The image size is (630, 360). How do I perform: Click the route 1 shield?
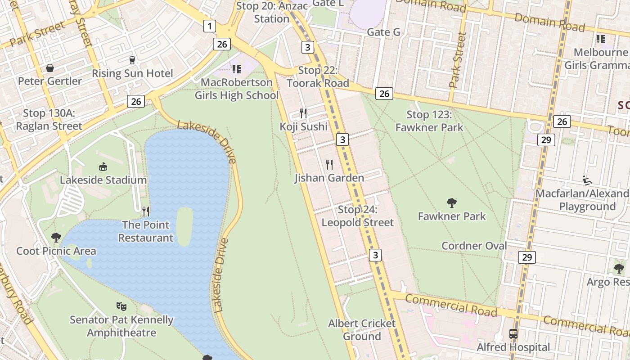[209, 26]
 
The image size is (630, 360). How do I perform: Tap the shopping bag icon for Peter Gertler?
[49, 68]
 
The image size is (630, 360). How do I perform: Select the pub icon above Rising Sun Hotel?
[132, 60]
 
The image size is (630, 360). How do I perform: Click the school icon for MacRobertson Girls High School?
[237, 69]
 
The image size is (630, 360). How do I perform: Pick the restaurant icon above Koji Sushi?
[304, 113]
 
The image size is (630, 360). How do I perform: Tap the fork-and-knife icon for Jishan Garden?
[329, 165]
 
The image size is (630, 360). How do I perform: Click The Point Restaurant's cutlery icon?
[146, 211]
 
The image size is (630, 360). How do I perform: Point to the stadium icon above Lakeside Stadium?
[103, 167]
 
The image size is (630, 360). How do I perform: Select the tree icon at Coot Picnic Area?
[56, 237]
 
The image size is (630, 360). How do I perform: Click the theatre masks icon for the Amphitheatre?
[121, 306]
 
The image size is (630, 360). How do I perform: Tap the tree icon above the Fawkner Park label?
[452, 203]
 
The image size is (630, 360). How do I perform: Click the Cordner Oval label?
[474, 246]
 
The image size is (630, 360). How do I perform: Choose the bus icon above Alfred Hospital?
[513, 334]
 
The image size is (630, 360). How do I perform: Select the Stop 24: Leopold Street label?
[357, 216]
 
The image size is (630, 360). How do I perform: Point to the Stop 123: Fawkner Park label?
[429, 121]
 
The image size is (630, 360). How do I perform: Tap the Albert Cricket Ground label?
[362, 330]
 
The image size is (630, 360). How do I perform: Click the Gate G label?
[383, 32]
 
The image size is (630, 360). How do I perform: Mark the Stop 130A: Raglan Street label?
[49, 120]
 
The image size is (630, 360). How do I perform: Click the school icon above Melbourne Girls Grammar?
[601, 39]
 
